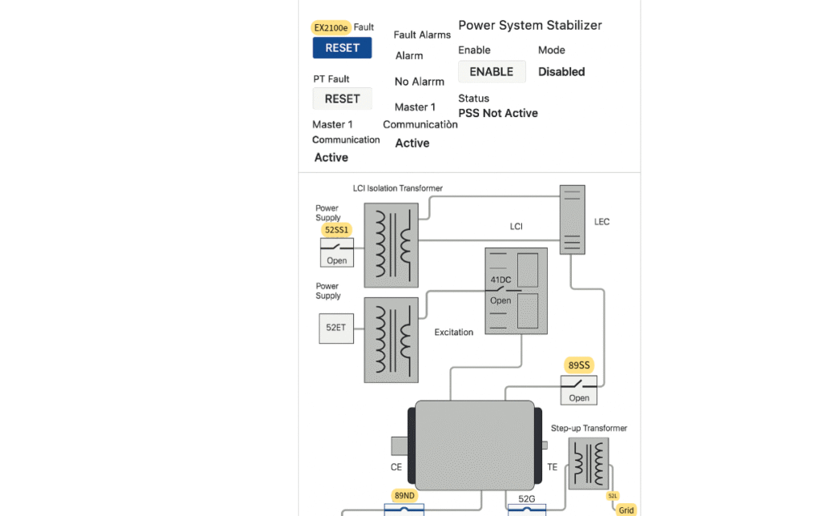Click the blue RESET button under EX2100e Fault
[342, 48]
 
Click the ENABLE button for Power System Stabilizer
[492, 71]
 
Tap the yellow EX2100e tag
[331, 27]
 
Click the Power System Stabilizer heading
[529, 26]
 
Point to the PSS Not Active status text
[497, 113]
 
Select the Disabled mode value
[561, 71]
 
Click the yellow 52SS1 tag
[337, 229]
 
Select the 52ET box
[336, 328]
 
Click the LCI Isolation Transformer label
[397, 188]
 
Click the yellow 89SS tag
[579, 365]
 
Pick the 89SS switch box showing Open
[578, 390]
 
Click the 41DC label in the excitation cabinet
[500, 280]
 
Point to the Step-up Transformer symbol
[588, 464]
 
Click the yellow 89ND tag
[404, 495]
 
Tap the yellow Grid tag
[626, 510]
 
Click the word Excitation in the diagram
[454, 332]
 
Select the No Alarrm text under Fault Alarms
[420, 82]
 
